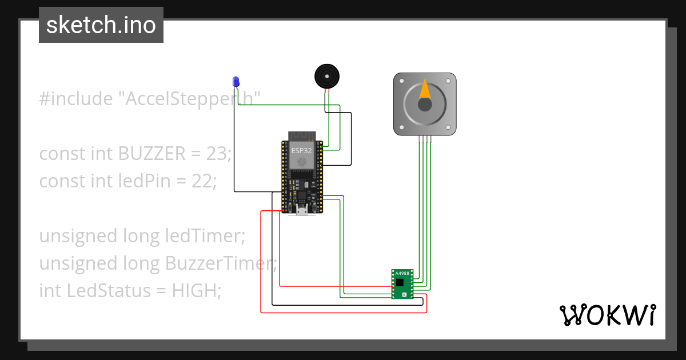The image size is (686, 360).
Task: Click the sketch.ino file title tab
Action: (x=101, y=25)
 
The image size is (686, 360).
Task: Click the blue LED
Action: (x=235, y=82)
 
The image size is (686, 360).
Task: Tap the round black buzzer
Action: (x=327, y=76)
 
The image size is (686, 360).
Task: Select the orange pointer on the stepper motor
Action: (x=425, y=90)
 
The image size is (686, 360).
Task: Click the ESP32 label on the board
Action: (x=302, y=151)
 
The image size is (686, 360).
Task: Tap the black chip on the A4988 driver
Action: (x=400, y=282)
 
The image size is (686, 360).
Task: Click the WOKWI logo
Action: (x=607, y=315)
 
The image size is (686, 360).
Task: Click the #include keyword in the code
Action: (x=76, y=99)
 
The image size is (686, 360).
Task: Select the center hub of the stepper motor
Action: (x=425, y=105)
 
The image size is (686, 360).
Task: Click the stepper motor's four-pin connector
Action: (x=425, y=138)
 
